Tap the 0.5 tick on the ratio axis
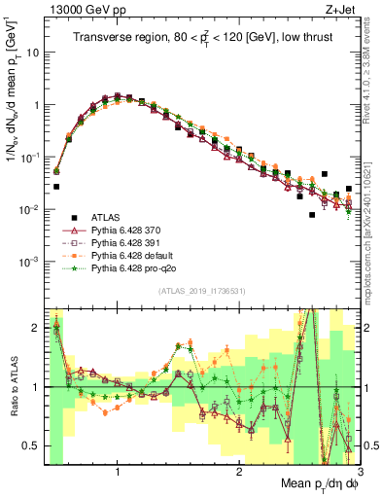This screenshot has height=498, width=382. [33, 446]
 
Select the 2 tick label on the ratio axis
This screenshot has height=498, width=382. [37, 328]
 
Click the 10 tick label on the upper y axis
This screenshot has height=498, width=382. [33, 53]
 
